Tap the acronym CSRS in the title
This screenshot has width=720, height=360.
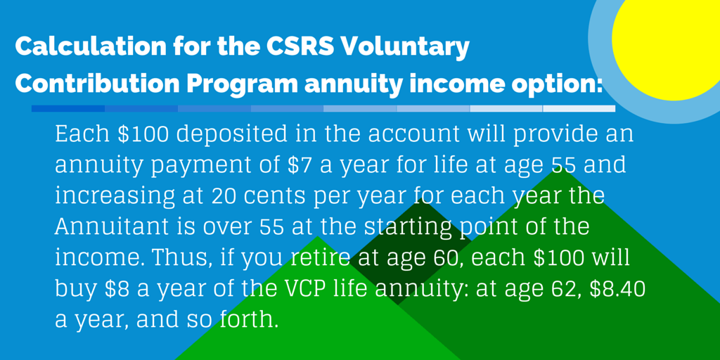tap(295, 48)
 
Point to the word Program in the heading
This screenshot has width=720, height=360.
tap(242, 84)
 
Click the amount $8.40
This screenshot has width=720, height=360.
tap(623, 290)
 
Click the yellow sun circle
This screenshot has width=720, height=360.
tap(668, 42)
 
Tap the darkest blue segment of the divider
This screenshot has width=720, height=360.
tap(68, 109)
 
